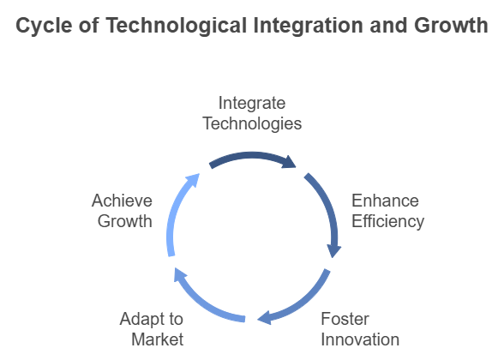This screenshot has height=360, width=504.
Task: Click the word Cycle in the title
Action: (x=44, y=26)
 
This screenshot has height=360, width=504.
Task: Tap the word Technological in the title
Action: (x=177, y=26)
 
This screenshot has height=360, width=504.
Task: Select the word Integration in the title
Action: (x=309, y=26)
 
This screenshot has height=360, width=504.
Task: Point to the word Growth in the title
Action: (x=451, y=26)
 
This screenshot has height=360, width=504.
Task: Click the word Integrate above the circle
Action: (x=252, y=104)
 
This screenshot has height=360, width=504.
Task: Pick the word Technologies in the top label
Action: (x=252, y=123)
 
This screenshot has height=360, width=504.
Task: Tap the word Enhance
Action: (x=385, y=201)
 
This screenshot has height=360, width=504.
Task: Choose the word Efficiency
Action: (x=388, y=221)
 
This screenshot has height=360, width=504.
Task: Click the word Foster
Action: (x=345, y=319)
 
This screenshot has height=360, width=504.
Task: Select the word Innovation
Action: (x=360, y=339)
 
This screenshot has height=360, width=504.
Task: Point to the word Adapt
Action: (x=141, y=320)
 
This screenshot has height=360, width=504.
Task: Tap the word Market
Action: (x=158, y=339)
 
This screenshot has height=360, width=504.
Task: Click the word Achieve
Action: (x=122, y=201)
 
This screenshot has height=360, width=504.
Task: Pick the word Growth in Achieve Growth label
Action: (x=125, y=221)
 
